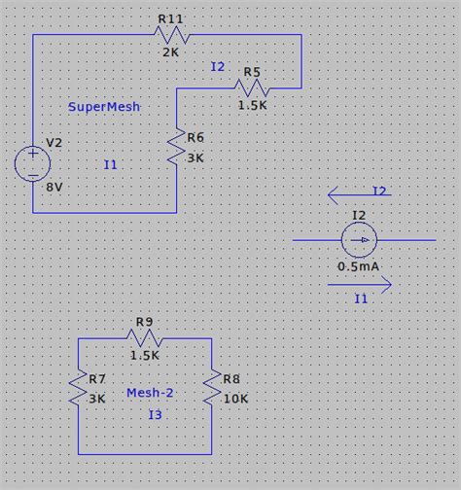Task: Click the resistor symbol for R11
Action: (x=171, y=35)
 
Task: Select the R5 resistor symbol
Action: (x=253, y=88)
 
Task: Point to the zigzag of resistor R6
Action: (x=177, y=147)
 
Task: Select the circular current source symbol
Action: (x=360, y=240)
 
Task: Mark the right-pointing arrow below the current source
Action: (x=359, y=286)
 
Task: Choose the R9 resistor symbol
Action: (x=145, y=337)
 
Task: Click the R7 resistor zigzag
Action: (x=78, y=390)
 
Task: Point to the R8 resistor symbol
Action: (x=211, y=390)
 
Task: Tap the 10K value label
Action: (x=234, y=399)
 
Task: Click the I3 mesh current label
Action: (x=155, y=415)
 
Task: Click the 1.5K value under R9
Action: (x=145, y=355)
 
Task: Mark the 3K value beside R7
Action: (x=97, y=399)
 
